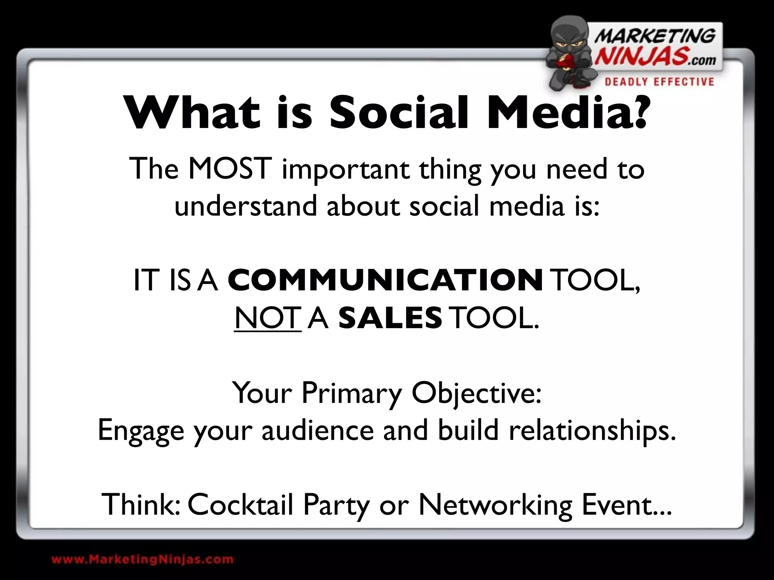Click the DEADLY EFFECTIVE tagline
click(659, 82)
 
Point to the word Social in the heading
click(399, 113)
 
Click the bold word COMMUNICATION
click(385, 281)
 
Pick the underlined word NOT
click(268, 318)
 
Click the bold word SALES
click(390, 318)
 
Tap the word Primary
click(351, 393)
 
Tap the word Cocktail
click(240, 504)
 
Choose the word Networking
click(495, 505)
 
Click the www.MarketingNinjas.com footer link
click(142, 559)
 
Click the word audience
click(317, 430)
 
